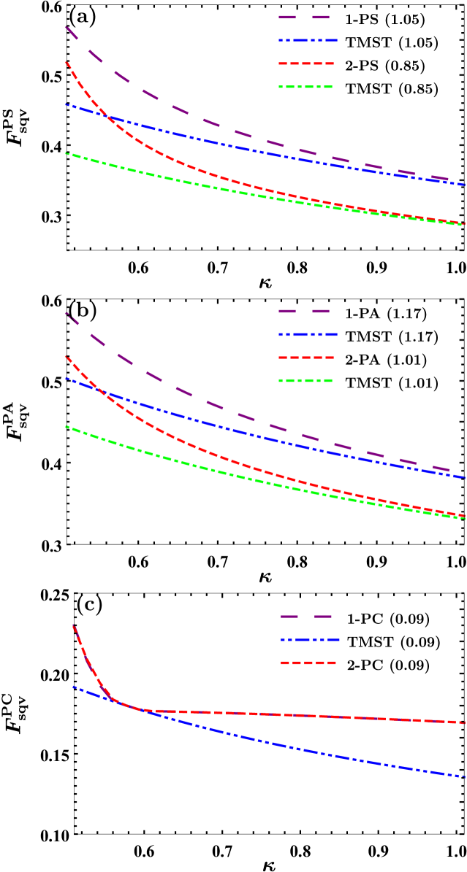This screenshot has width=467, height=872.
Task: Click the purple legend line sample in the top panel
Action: (x=304, y=17)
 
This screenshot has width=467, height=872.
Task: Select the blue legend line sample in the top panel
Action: (x=308, y=40)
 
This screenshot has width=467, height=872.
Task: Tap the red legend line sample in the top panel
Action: (x=306, y=63)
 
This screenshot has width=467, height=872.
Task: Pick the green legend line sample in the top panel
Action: (x=305, y=87)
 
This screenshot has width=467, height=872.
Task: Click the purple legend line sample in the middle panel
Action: (x=304, y=311)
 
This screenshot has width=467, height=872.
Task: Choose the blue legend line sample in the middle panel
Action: (x=308, y=334)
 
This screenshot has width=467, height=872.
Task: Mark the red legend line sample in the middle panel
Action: (x=306, y=358)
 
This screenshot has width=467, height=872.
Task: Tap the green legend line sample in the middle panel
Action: (x=305, y=380)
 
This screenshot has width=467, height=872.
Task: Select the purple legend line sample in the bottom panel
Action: (x=306, y=617)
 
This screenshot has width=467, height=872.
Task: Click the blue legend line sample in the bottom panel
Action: (x=310, y=639)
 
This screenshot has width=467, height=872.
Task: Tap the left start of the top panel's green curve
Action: (x=66, y=153)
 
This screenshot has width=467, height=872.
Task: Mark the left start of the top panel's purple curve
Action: (x=66, y=27)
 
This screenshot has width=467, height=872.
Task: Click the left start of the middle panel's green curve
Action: (x=66, y=426)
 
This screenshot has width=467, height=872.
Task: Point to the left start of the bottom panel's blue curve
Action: (x=73, y=686)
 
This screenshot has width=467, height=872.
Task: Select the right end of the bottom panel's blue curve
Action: (x=466, y=776)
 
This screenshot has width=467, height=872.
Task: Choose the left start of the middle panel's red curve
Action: (x=66, y=356)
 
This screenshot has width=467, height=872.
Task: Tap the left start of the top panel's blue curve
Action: (x=66, y=104)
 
